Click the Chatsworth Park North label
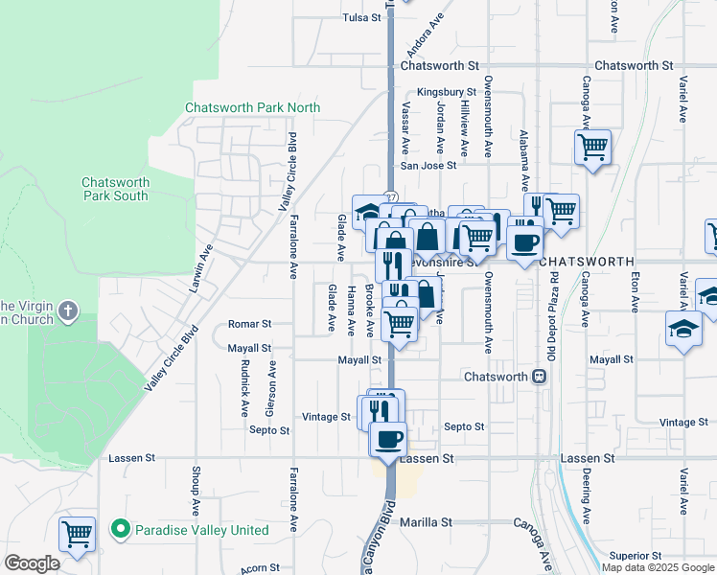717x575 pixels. pyautogui.click(x=253, y=108)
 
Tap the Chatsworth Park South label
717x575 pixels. pyautogui.click(x=115, y=189)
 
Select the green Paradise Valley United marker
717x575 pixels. pyautogui.click(x=120, y=528)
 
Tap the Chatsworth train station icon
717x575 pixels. pyautogui.click(x=540, y=377)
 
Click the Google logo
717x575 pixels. pyautogui.click(x=32, y=563)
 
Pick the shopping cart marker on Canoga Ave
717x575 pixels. pyautogui.click(x=592, y=149)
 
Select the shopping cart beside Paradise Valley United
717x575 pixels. pyautogui.click(x=77, y=534)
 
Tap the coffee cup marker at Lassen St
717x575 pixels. pyautogui.click(x=388, y=439)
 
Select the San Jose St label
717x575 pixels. pyautogui.click(x=428, y=165)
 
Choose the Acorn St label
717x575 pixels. pyautogui.click(x=260, y=568)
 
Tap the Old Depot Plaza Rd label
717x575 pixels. pyautogui.click(x=552, y=308)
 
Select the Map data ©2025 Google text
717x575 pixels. pyautogui.click(x=658, y=567)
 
